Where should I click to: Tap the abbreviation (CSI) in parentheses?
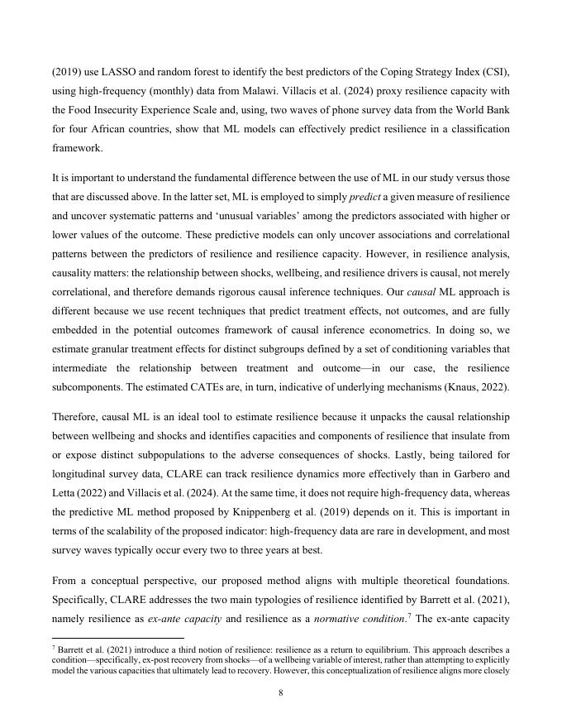[495, 72]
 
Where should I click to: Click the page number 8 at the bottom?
[281, 693]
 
